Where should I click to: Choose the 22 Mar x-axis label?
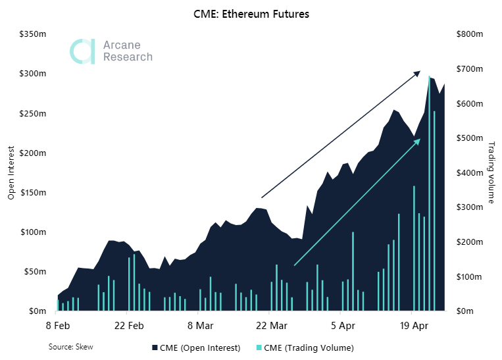[x=272, y=325]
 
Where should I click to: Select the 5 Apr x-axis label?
[x=343, y=325]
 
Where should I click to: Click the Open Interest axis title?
[x=11, y=172]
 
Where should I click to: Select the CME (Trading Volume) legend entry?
[x=305, y=347]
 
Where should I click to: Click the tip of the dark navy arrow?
[x=418, y=72]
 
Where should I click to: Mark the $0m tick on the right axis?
[x=464, y=311]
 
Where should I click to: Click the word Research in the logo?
[x=128, y=57]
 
